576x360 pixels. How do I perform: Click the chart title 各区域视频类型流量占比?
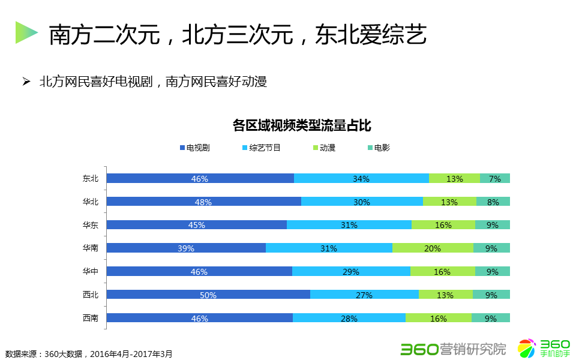click(302, 125)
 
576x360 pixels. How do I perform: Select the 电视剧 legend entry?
click(194, 148)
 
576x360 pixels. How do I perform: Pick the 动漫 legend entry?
click(324, 148)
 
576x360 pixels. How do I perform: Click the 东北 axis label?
click(91, 178)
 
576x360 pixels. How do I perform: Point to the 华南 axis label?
click(91, 248)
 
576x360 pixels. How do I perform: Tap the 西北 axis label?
click(91, 295)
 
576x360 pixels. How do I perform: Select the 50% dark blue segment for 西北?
click(208, 295)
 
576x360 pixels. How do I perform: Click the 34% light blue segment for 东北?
click(361, 178)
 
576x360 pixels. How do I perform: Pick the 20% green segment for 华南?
click(433, 248)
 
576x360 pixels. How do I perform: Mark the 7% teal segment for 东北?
click(495, 178)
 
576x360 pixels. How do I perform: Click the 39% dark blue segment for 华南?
click(186, 248)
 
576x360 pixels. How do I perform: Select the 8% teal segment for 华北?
click(493, 202)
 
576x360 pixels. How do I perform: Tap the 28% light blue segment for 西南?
click(349, 318)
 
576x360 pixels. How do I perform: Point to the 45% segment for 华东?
click(197, 225)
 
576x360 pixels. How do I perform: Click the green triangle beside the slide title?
click(26, 32)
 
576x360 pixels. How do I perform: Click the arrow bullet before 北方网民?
click(26, 81)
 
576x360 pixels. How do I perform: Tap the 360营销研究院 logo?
click(453, 348)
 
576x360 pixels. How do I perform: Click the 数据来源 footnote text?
click(89, 353)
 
